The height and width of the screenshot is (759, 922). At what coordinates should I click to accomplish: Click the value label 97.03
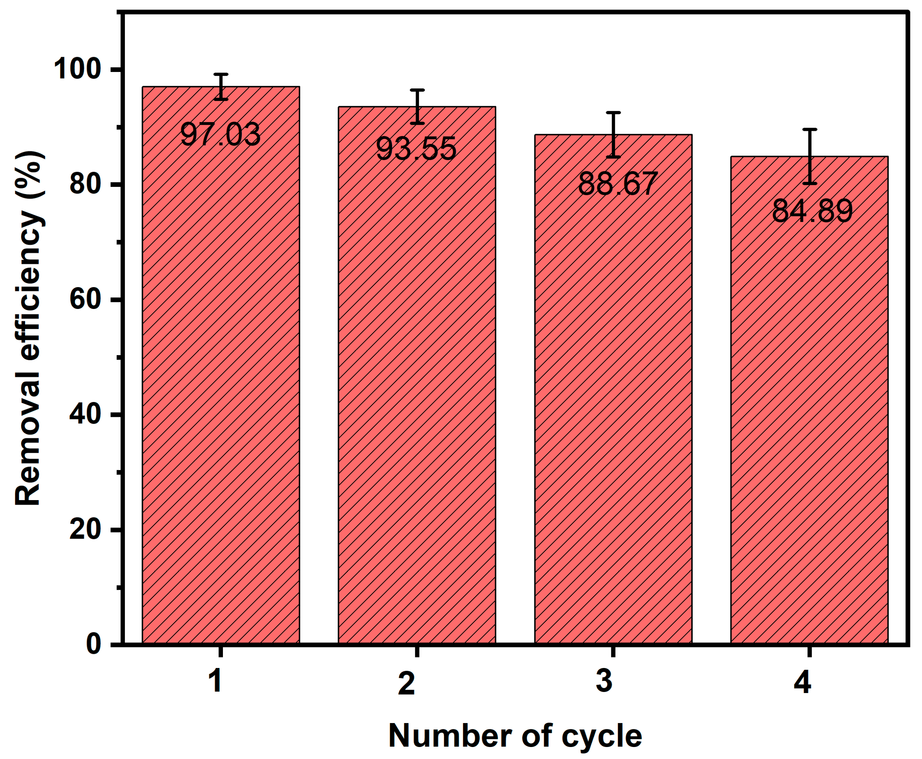coord(220,135)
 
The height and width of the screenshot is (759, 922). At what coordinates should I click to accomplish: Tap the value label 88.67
coord(617,184)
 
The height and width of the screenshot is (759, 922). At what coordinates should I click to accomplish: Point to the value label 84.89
coord(812,211)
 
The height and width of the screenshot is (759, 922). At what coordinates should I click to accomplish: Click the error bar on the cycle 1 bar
coord(221,86)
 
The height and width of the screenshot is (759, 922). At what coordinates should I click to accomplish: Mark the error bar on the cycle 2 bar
coord(418,107)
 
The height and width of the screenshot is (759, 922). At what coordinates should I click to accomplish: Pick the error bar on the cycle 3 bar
coord(613,135)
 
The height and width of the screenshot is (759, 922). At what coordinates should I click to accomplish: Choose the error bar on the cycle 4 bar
coord(809,157)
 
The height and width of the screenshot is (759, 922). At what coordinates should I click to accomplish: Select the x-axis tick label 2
coord(407,684)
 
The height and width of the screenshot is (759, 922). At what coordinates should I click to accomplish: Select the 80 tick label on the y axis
coord(89,184)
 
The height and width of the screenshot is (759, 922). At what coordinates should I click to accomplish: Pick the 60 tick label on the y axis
coord(89,300)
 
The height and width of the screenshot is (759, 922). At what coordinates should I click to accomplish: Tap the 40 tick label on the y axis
coord(89,415)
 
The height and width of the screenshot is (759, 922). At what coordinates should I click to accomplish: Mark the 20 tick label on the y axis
coord(89,530)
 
